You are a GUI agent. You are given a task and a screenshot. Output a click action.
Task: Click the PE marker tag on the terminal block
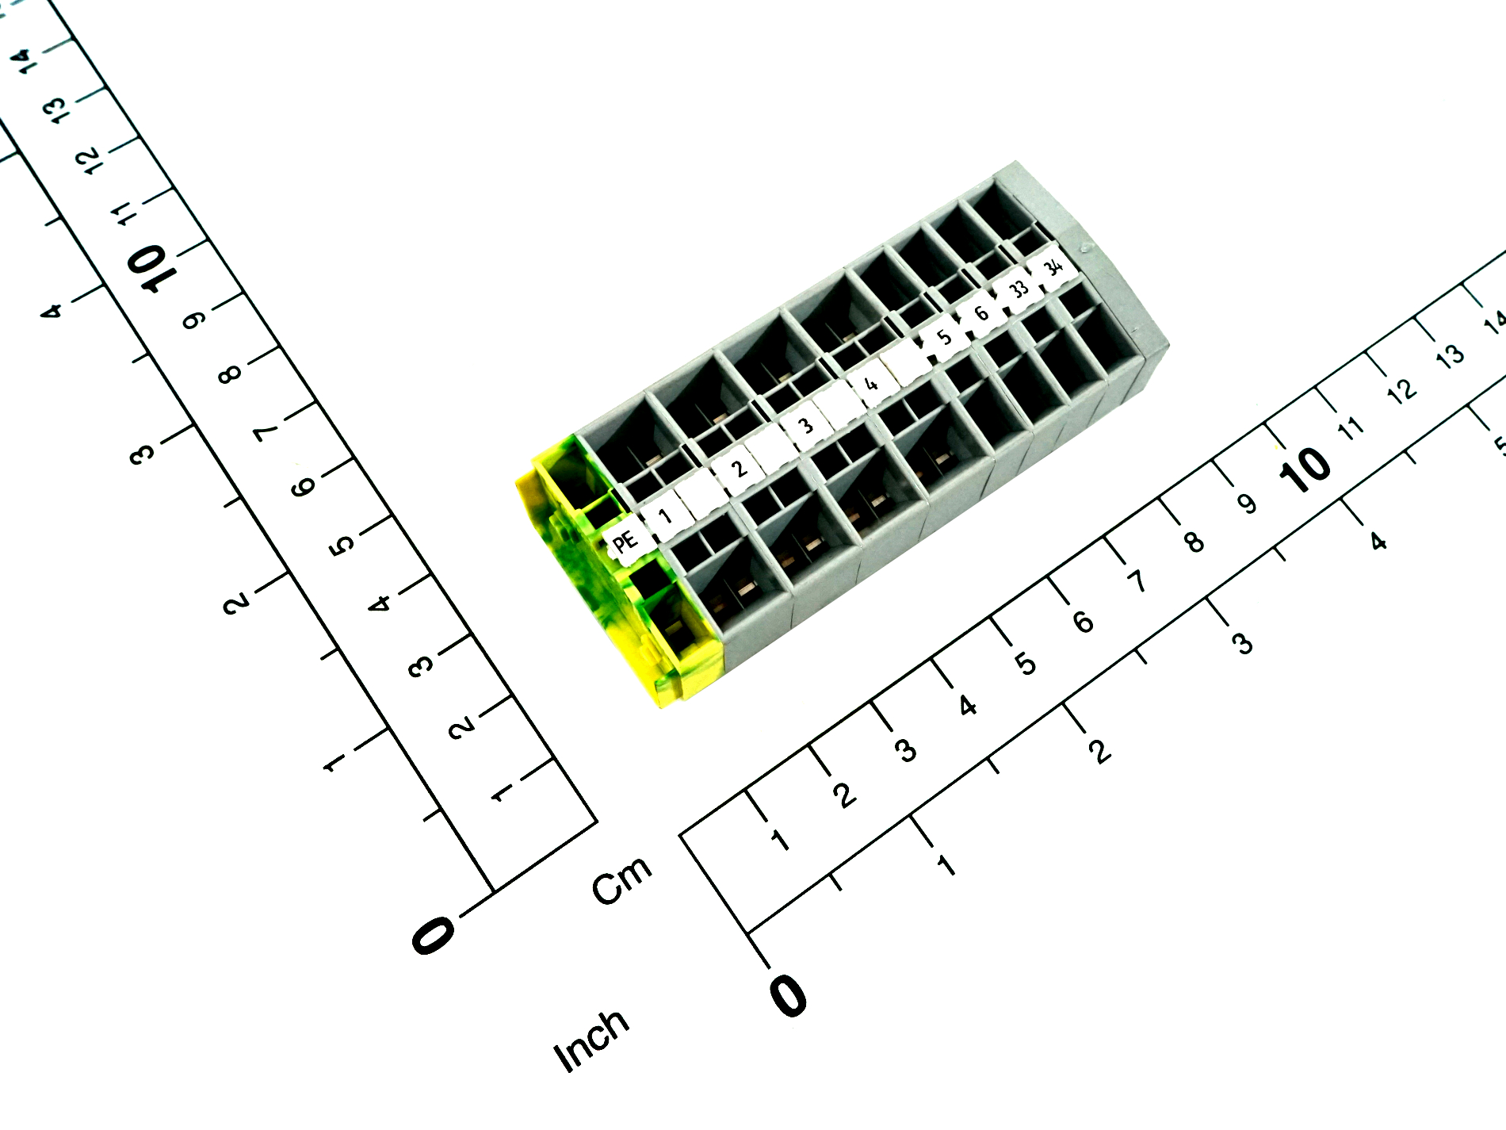pyautogui.click(x=626, y=542)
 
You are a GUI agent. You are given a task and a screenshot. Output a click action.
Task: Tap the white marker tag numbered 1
pyautogui.click(x=665, y=516)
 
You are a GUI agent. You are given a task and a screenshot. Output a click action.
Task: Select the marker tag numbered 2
pyautogui.click(x=739, y=468)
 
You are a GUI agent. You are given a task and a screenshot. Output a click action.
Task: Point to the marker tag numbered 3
pyautogui.click(x=806, y=425)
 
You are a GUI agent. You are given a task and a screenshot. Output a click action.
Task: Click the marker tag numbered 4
pyautogui.click(x=871, y=384)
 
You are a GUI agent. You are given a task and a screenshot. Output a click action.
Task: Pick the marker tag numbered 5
pyautogui.click(x=943, y=337)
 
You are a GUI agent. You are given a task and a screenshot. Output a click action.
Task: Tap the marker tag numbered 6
pyautogui.click(x=981, y=312)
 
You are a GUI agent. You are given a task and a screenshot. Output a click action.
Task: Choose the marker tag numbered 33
pyautogui.click(x=1019, y=289)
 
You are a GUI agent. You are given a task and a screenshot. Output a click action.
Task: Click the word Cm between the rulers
pyautogui.click(x=623, y=879)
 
